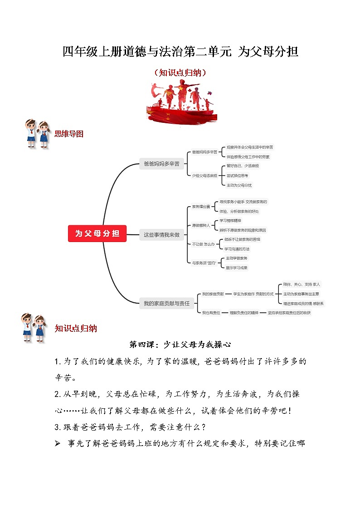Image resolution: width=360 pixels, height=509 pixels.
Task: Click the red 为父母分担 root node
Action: coord(97,233)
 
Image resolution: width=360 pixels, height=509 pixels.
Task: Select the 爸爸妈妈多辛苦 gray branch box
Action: coord(161,164)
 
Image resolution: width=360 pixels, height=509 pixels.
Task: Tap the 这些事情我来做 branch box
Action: coord(161,235)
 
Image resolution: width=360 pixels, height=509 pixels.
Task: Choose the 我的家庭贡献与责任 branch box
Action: coord(166,303)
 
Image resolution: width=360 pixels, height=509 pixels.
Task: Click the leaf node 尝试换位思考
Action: coord(237,175)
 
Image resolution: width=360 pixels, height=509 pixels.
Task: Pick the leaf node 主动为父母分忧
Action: coord(239,185)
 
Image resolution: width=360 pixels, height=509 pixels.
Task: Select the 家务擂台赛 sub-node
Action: coord(201,207)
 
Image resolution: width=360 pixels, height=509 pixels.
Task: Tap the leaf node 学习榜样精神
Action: coord(234,220)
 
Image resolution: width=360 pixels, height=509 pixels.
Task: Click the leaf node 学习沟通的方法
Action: coord(237,249)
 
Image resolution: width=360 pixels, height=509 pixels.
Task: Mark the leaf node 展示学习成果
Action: coord(237,267)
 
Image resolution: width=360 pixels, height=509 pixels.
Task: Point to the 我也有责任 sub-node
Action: coord(211,313)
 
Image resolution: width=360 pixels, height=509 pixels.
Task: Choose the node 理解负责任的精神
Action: coord(244,313)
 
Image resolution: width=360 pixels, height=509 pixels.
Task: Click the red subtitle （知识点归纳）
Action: coord(180,72)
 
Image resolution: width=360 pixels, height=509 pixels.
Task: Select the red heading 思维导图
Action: coord(69,134)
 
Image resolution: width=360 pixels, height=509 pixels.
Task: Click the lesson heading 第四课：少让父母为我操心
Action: coord(180,344)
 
